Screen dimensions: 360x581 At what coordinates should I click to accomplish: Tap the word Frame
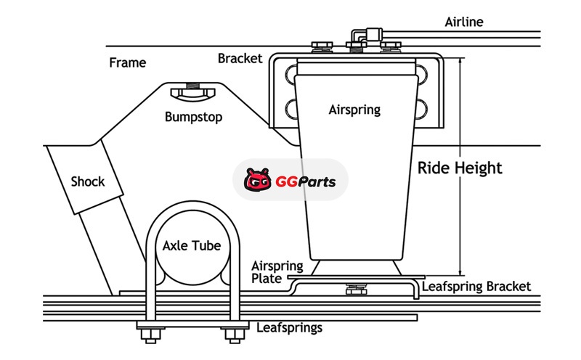coord(127,62)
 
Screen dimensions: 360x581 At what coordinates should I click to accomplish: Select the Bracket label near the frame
coord(240,58)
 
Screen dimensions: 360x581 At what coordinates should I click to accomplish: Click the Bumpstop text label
coord(193,117)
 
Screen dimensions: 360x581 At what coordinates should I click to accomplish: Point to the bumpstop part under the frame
coord(192,92)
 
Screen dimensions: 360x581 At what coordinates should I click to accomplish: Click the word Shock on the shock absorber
coord(87,181)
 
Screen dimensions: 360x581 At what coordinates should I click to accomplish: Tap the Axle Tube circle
coord(192,247)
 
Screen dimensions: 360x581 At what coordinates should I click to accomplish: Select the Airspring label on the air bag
coord(354,110)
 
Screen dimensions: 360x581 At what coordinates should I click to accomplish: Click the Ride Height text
coord(460,168)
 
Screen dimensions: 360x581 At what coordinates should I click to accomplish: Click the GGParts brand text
coord(305,180)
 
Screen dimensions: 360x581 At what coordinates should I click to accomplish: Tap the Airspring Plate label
coord(268,271)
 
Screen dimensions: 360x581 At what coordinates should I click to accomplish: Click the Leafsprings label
coord(289,327)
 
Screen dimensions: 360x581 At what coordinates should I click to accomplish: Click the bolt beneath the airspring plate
coord(355,289)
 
